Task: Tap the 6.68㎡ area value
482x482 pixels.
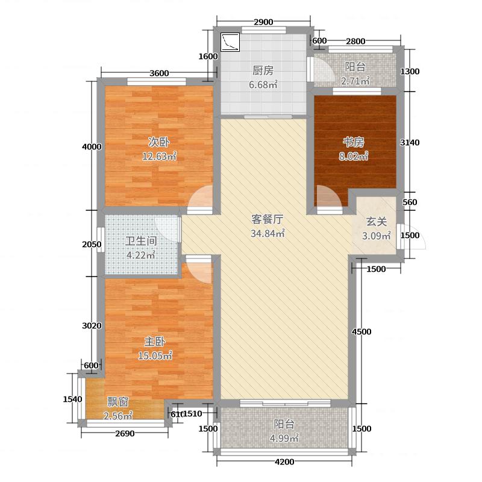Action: (x=263, y=84)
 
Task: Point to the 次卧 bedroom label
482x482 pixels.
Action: (x=159, y=142)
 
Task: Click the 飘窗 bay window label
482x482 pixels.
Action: (x=117, y=401)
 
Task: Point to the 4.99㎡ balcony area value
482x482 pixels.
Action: (x=283, y=439)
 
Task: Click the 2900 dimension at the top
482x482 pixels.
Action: (x=263, y=22)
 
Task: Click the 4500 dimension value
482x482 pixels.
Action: (x=361, y=331)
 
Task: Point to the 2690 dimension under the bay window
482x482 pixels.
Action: (x=125, y=434)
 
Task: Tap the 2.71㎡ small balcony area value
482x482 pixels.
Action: (x=355, y=81)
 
